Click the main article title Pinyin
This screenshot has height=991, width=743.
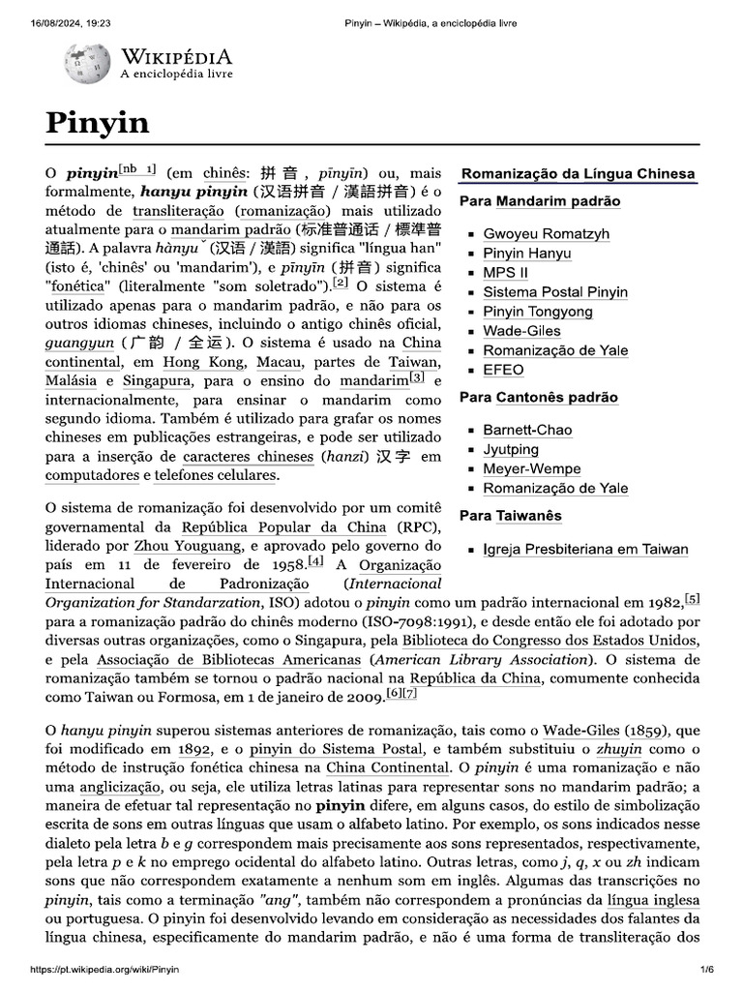point(97,123)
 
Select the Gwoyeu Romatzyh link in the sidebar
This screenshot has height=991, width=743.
point(546,234)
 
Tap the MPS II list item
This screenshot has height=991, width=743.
point(505,273)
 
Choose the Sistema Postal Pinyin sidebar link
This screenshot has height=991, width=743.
point(554,292)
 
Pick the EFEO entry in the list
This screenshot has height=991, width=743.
point(503,370)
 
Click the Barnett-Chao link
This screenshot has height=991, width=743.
point(527,430)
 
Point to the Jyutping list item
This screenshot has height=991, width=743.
point(511,449)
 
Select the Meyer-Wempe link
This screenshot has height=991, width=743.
point(531,468)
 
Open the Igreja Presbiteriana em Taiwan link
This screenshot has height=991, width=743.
point(585,550)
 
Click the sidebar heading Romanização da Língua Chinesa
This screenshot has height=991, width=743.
point(578,174)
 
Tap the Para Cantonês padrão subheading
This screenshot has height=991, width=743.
point(538,397)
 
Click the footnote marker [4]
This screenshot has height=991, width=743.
point(315,561)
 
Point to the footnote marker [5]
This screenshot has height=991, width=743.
point(692,598)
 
